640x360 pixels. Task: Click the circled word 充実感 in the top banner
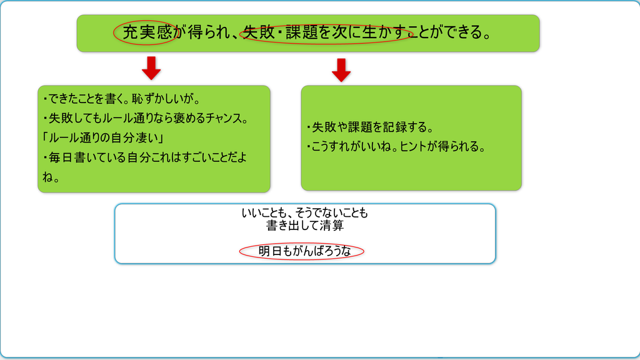coord(147,32)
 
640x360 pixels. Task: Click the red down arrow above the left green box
coord(151,67)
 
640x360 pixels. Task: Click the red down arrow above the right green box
coord(341,70)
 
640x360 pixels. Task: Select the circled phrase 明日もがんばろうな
coord(304,251)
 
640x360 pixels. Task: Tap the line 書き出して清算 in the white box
coord(305,225)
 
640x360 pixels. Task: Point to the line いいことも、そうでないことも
coord(305,212)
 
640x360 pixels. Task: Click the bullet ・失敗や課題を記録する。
coord(369,127)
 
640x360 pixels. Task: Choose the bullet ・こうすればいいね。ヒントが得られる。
coord(395,146)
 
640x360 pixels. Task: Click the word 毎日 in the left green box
coord(61,157)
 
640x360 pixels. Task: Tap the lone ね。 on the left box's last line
coord(51,177)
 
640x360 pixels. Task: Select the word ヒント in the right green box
coord(413,146)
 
